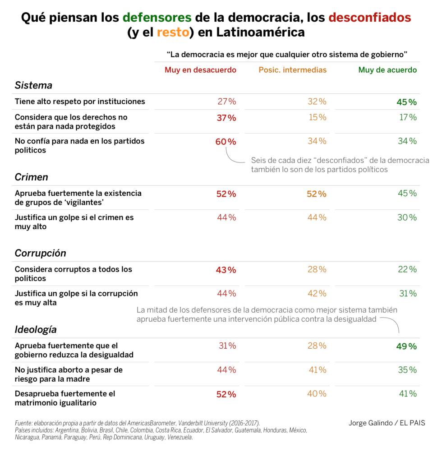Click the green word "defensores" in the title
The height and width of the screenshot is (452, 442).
click(157, 18)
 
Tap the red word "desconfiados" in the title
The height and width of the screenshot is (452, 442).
click(369, 18)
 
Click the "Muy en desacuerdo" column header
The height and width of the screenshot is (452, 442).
click(200, 70)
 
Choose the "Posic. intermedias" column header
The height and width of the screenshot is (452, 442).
click(292, 70)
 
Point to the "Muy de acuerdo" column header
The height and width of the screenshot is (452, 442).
click(387, 70)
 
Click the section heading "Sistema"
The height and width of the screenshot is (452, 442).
click(33, 85)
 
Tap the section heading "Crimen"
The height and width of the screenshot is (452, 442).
click(31, 177)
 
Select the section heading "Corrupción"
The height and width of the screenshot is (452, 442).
click(40, 253)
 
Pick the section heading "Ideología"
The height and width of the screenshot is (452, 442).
click(36, 329)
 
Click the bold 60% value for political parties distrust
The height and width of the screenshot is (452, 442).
click(226, 142)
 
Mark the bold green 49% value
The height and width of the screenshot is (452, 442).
click(406, 346)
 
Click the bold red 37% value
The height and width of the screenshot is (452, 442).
click(226, 118)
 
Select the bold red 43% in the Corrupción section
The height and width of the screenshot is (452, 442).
click(226, 270)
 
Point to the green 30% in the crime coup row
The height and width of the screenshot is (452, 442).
click(407, 217)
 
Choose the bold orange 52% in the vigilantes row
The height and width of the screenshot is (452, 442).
click(316, 194)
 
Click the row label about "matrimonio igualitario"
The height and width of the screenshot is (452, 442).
click(65, 398)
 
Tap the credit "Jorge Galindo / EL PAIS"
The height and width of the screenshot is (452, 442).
click(387, 423)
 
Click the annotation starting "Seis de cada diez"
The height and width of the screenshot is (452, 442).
click(340, 165)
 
